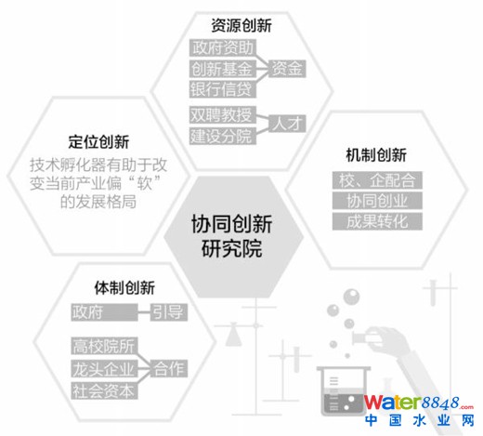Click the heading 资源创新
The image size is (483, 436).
(241, 25)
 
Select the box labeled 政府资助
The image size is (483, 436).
(223, 47)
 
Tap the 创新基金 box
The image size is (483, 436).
(223, 69)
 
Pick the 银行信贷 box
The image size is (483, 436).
(223, 89)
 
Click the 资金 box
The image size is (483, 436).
(287, 69)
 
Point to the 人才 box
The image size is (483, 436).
(287, 124)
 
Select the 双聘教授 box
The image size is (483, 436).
(223, 114)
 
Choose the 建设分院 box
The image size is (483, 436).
(223, 136)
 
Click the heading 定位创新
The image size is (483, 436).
(98, 142)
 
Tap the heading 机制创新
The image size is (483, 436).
(376, 155)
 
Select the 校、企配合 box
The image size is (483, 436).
(377, 180)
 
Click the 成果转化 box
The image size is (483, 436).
(377, 221)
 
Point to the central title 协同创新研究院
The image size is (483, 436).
(232, 236)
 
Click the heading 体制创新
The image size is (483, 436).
(124, 288)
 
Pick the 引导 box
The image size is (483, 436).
(169, 312)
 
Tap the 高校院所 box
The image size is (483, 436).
(104, 346)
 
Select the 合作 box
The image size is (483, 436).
(169, 368)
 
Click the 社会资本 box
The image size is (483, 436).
(104, 390)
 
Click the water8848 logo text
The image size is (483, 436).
(419, 403)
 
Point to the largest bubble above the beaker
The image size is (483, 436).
(351, 297)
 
